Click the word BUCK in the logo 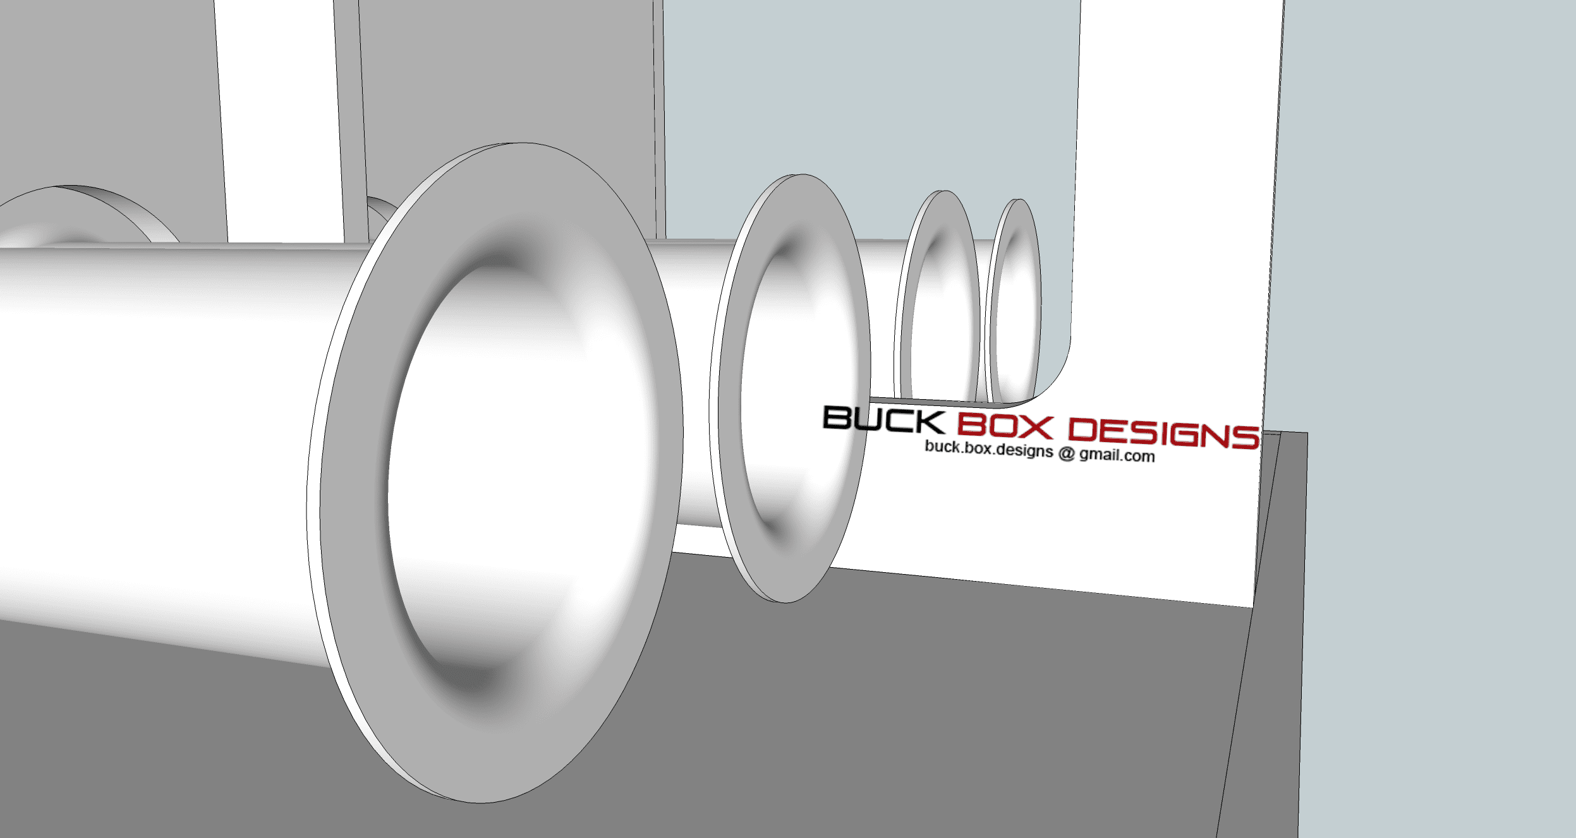[883, 420]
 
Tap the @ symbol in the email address [1067, 453]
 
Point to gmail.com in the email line [1117, 455]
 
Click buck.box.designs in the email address [989, 449]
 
